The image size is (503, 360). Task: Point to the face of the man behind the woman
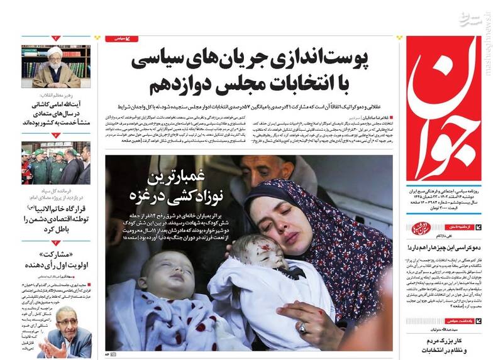(264, 170)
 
